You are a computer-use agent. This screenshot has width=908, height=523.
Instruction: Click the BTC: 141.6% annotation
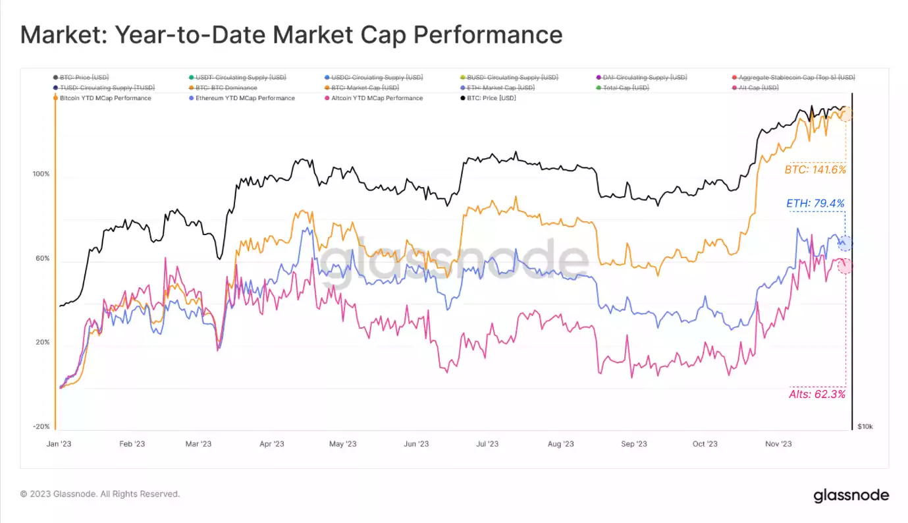point(815,169)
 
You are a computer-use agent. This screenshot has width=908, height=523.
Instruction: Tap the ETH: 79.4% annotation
point(815,204)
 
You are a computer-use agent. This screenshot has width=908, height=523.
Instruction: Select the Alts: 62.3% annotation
point(816,395)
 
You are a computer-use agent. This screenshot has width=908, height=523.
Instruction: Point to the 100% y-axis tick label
point(41,175)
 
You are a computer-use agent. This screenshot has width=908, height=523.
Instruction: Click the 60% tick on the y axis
point(42,259)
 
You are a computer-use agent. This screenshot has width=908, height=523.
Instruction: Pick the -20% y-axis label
point(41,427)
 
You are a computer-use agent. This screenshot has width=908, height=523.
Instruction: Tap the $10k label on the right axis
point(865,427)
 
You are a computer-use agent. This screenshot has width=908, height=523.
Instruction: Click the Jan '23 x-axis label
point(59,444)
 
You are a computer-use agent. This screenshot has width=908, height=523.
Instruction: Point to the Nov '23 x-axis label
point(778,444)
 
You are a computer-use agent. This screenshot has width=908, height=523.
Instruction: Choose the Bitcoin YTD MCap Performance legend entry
point(105,98)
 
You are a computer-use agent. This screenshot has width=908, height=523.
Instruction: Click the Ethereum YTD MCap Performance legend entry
point(245,98)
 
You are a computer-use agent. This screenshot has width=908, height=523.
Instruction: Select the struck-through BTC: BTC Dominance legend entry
point(226,88)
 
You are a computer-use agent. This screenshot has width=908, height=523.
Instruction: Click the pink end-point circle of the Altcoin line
point(845,265)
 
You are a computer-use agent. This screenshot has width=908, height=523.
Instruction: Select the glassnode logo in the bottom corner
point(851,495)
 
